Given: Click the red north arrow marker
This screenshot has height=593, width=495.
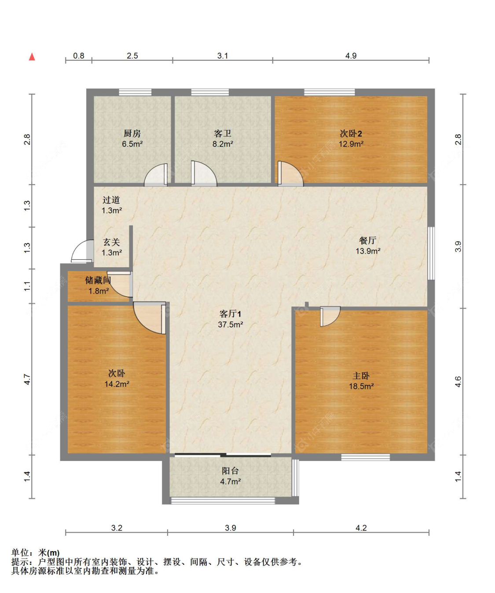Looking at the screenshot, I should (x=32, y=57).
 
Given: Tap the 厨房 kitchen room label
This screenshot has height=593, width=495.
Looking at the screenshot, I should (x=132, y=133).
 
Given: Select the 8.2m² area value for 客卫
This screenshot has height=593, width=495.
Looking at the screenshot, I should (x=223, y=144).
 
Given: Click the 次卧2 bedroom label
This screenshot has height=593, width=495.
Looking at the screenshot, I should (x=351, y=133).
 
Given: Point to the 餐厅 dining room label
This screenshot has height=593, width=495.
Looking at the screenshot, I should (x=367, y=240).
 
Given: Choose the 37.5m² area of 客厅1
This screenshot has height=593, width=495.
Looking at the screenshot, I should (x=230, y=324).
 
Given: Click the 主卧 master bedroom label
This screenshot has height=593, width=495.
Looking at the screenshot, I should (x=361, y=376).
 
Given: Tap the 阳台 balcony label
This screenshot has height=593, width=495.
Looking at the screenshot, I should (x=230, y=471).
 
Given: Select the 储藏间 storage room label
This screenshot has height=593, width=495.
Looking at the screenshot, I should (x=98, y=280).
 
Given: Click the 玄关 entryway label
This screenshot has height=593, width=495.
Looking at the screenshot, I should (x=111, y=242).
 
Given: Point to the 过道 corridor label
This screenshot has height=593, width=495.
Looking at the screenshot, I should (x=111, y=200).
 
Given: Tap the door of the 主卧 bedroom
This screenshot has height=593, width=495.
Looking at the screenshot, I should (x=330, y=316).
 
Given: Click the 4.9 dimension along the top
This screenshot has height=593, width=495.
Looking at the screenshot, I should (x=351, y=56).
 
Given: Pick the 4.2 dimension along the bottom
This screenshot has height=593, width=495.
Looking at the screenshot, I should (x=361, y=527).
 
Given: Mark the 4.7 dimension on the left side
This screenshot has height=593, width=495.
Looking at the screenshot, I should (x=27, y=379).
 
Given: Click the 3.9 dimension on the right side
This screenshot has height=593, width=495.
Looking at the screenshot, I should (x=458, y=246).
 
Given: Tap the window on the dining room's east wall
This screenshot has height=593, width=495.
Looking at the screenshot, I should (x=431, y=253).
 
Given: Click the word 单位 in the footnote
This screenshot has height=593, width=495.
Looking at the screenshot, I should (x=20, y=552).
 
